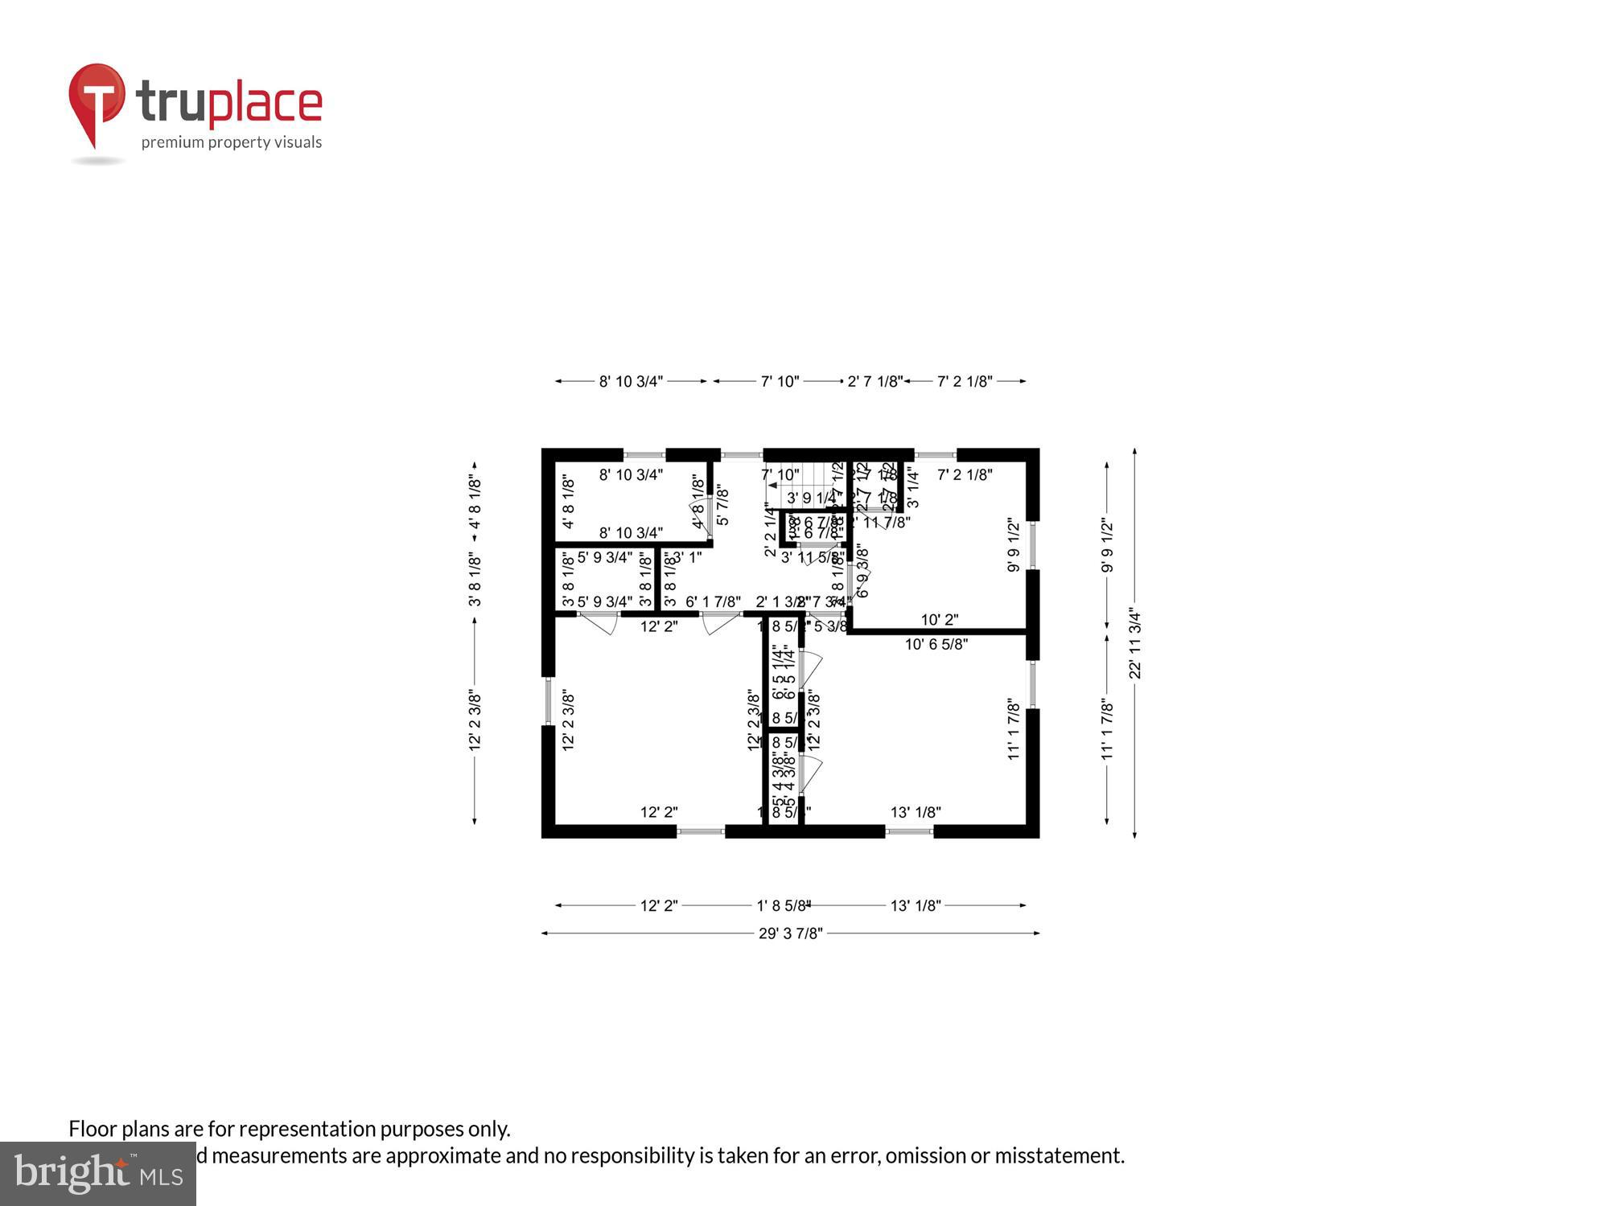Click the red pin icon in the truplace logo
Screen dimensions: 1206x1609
point(97,100)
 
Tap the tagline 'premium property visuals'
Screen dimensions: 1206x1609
point(232,142)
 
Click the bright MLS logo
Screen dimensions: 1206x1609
point(98,1174)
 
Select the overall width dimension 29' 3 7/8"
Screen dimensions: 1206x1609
point(790,933)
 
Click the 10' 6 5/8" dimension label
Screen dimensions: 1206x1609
point(936,644)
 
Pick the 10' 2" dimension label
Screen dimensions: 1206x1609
point(939,620)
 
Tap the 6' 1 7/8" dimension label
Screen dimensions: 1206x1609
point(713,601)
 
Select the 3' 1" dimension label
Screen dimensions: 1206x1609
point(687,556)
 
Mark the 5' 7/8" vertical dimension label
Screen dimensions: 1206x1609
point(722,504)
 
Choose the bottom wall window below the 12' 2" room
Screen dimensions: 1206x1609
point(700,831)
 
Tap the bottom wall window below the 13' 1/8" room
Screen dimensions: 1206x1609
point(909,831)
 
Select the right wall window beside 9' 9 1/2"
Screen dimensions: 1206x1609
point(1033,546)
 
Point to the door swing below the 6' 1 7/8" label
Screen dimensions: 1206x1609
point(720,622)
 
